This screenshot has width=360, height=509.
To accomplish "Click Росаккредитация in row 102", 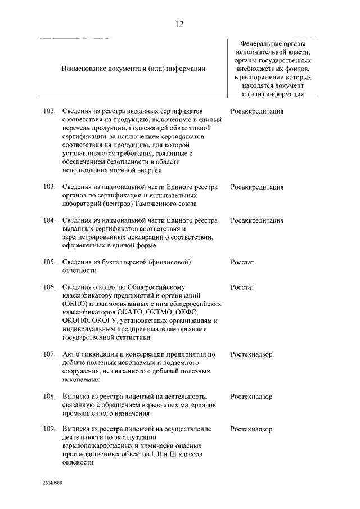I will coord(257,111).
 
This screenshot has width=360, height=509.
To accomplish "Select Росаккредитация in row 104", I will coord(257,220).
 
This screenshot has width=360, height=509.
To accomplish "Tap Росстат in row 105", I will coord(242,262).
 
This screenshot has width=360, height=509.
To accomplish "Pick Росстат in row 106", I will coord(242,287).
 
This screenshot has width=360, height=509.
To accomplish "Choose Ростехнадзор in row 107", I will coord(251,354).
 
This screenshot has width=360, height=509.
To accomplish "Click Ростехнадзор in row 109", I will coord(251,429).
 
